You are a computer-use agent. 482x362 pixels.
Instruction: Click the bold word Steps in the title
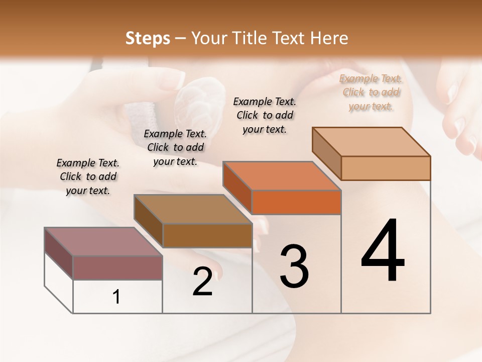pyautogui.click(x=148, y=38)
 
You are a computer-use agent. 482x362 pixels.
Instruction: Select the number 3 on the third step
pyautogui.click(x=294, y=266)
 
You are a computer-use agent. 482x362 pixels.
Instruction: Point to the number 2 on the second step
pyautogui.click(x=203, y=282)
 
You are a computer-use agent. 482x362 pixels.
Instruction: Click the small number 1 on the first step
pyautogui.click(x=116, y=297)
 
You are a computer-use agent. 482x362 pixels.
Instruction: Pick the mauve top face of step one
pyautogui.click(x=103, y=242)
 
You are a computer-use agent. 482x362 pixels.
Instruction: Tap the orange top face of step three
pyautogui.click(x=282, y=176)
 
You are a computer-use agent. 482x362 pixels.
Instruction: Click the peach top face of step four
pyautogui.click(x=371, y=142)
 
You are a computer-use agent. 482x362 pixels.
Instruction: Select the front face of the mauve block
pyautogui.click(x=117, y=267)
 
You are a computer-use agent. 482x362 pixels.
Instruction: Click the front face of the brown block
pyautogui.click(x=207, y=235)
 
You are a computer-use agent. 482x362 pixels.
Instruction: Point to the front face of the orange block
pyautogui.click(x=296, y=202)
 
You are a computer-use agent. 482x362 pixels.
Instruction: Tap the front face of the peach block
pyautogui.click(x=386, y=168)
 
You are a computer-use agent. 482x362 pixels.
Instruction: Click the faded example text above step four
pyautogui.click(x=371, y=93)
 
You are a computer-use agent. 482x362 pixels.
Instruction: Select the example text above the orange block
pyautogui.click(x=265, y=115)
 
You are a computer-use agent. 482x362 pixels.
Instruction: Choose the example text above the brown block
pyautogui.click(x=175, y=147)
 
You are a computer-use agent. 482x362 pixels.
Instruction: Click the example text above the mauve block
pyautogui.click(x=88, y=176)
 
